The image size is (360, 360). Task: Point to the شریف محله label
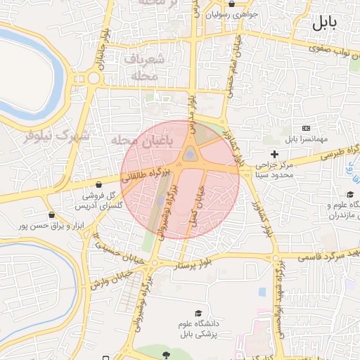[x=146, y=68]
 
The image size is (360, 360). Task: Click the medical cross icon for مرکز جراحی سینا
[x=274, y=153]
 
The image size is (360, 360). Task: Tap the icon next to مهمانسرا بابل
[x=306, y=128]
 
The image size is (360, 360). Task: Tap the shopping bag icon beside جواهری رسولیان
[x=211, y=13]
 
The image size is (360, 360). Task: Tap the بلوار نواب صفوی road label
[x=326, y=49]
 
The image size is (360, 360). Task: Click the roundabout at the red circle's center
[x=190, y=155]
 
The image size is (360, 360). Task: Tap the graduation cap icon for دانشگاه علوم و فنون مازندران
[x=350, y=195]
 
